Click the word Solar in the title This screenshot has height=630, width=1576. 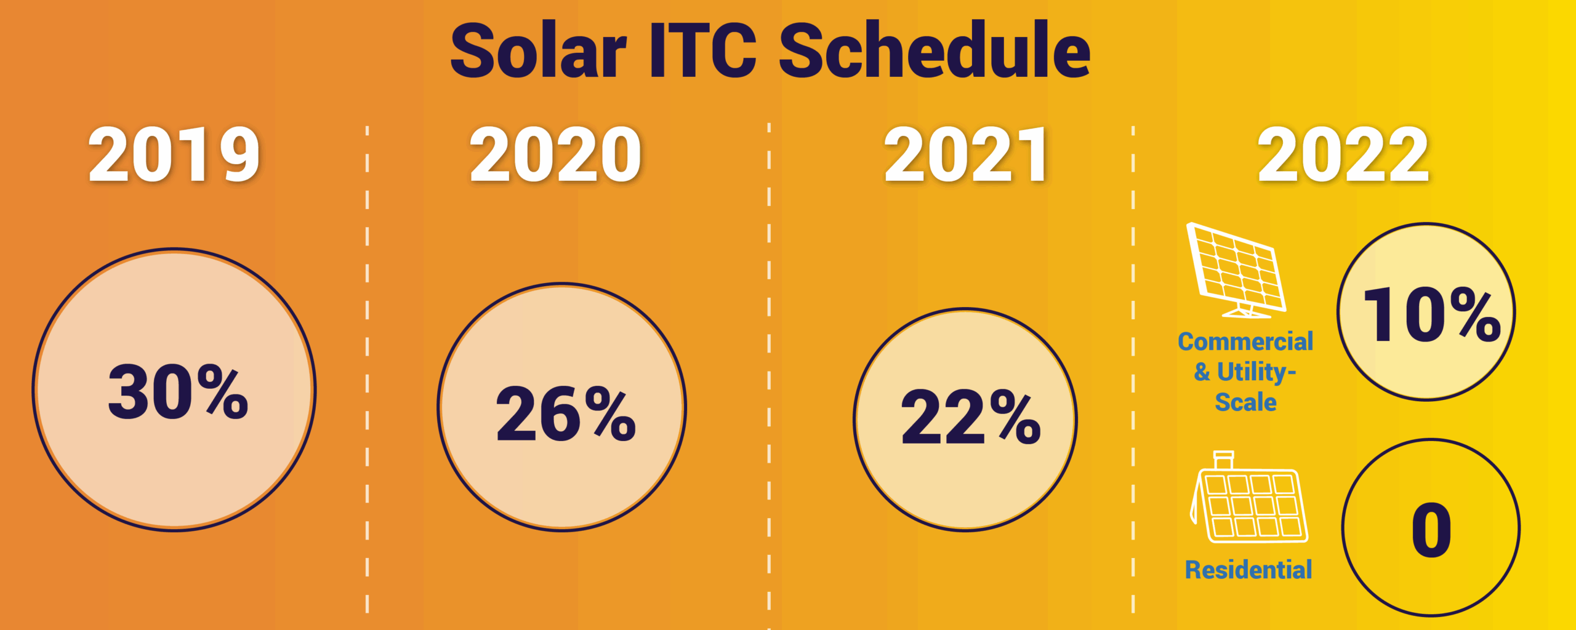click(539, 52)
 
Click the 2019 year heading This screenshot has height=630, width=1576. click(174, 155)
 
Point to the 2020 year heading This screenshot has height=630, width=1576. click(555, 155)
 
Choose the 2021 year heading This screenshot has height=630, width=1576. click(965, 155)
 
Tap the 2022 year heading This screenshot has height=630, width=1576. click(1343, 155)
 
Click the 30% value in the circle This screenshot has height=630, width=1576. click(178, 393)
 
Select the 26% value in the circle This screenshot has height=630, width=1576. click(565, 414)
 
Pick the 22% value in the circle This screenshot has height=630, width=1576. click(970, 418)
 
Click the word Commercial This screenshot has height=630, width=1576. click(1245, 342)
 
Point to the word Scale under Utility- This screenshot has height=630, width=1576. click(1245, 402)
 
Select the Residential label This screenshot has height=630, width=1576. click(1248, 570)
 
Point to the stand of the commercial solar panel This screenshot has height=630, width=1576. click(1246, 311)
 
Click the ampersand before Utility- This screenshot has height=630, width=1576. click(1202, 372)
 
